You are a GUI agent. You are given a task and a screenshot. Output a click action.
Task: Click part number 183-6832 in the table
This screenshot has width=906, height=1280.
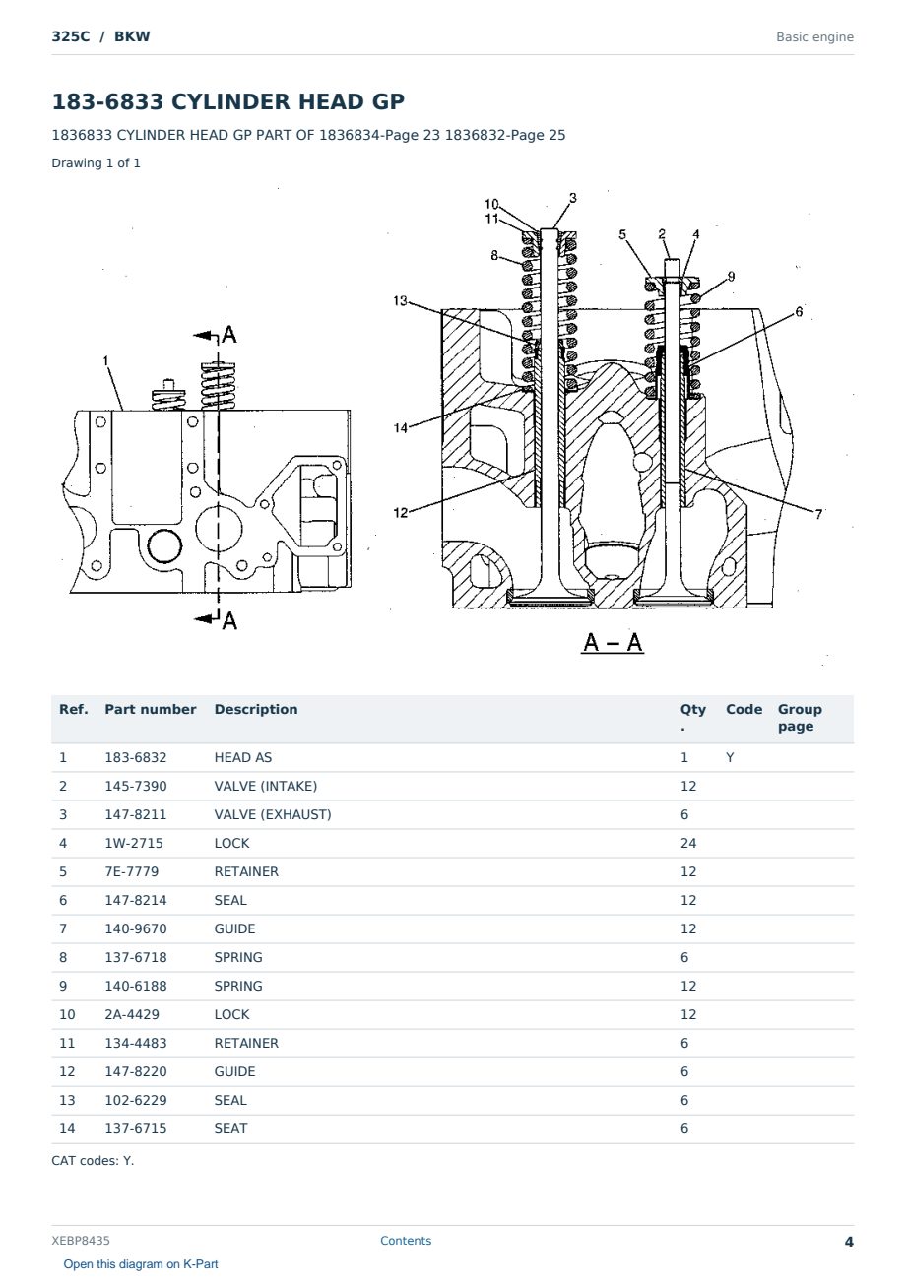pyautogui.click(x=136, y=758)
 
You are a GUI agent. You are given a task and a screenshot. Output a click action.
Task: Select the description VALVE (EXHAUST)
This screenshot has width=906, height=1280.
pyautogui.click(x=273, y=815)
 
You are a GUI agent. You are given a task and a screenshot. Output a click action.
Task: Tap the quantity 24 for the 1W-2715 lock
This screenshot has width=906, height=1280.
pyautogui.click(x=688, y=844)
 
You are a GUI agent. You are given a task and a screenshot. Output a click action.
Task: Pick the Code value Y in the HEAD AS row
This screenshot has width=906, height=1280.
pyautogui.click(x=730, y=758)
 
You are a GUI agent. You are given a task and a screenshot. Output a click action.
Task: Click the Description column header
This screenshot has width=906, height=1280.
pyautogui.click(x=256, y=709)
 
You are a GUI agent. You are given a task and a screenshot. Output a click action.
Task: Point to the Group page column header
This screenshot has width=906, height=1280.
pyautogui.click(x=800, y=718)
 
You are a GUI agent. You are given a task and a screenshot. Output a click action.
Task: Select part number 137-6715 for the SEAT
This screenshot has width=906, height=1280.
pyautogui.click(x=136, y=1129)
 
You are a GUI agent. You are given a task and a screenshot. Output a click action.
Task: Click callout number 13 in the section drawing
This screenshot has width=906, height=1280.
pyautogui.click(x=400, y=300)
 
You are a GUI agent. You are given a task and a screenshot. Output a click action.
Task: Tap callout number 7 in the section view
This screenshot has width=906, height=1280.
pyautogui.click(x=818, y=514)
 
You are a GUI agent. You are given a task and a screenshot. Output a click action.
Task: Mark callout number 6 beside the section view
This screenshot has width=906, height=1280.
pyautogui.click(x=799, y=312)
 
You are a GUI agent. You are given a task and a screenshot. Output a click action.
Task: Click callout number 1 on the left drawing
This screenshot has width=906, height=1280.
pyautogui.click(x=105, y=361)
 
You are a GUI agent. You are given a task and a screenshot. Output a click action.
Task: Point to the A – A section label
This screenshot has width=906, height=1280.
pyautogui.click(x=613, y=642)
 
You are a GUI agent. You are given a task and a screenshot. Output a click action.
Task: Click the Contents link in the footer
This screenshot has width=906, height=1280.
pyautogui.click(x=406, y=1241)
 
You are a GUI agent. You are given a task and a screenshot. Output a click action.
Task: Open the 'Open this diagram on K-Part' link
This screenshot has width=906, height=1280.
pyautogui.click(x=141, y=1264)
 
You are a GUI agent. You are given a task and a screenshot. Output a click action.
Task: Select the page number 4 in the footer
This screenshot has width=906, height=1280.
pyautogui.click(x=849, y=1242)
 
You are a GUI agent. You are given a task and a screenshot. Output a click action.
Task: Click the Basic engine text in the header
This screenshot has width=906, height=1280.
pyautogui.click(x=814, y=37)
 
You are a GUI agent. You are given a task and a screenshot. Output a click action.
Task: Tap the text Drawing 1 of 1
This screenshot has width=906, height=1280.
pyautogui.click(x=97, y=163)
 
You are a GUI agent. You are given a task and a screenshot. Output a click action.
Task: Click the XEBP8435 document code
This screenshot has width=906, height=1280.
pyautogui.click(x=81, y=1241)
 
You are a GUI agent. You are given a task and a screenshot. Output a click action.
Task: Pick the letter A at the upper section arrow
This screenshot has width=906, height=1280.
pyautogui.click(x=229, y=335)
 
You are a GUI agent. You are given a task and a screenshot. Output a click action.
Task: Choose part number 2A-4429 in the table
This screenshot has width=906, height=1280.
pyautogui.click(x=132, y=1015)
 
